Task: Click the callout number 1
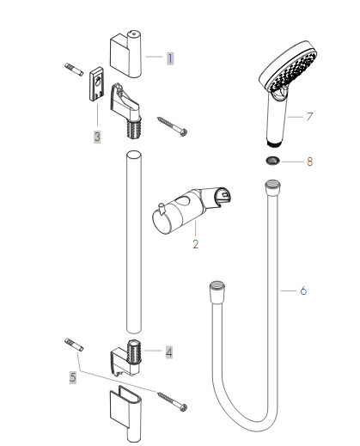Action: coord(170,58)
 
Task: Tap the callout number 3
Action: coord(97,136)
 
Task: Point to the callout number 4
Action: coord(169,351)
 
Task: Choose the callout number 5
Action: coord(74,376)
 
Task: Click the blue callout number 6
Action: coord(303,290)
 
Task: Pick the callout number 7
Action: coord(309,116)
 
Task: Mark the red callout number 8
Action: coord(309,161)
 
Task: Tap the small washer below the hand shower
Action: coord(272,161)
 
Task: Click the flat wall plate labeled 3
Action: coord(94,89)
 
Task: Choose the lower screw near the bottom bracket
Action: coord(171,400)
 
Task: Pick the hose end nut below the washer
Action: coord(272,184)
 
